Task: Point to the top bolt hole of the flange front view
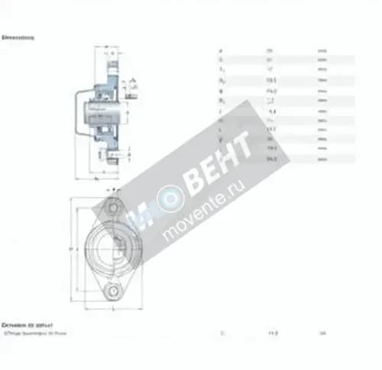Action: point(113,206)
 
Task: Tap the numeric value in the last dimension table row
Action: point(270,159)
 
